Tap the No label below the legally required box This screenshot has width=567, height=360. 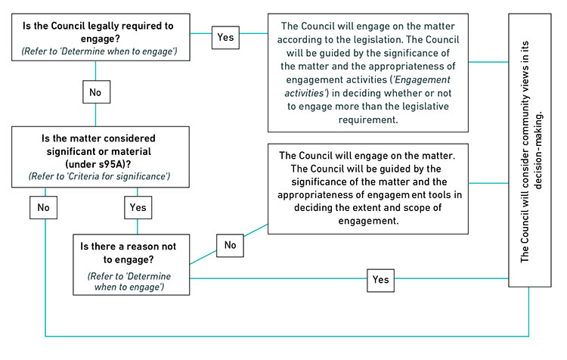click(96, 92)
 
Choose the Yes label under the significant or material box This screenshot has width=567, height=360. click(137, 207)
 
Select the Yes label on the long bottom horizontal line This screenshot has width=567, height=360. click(380, 280)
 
